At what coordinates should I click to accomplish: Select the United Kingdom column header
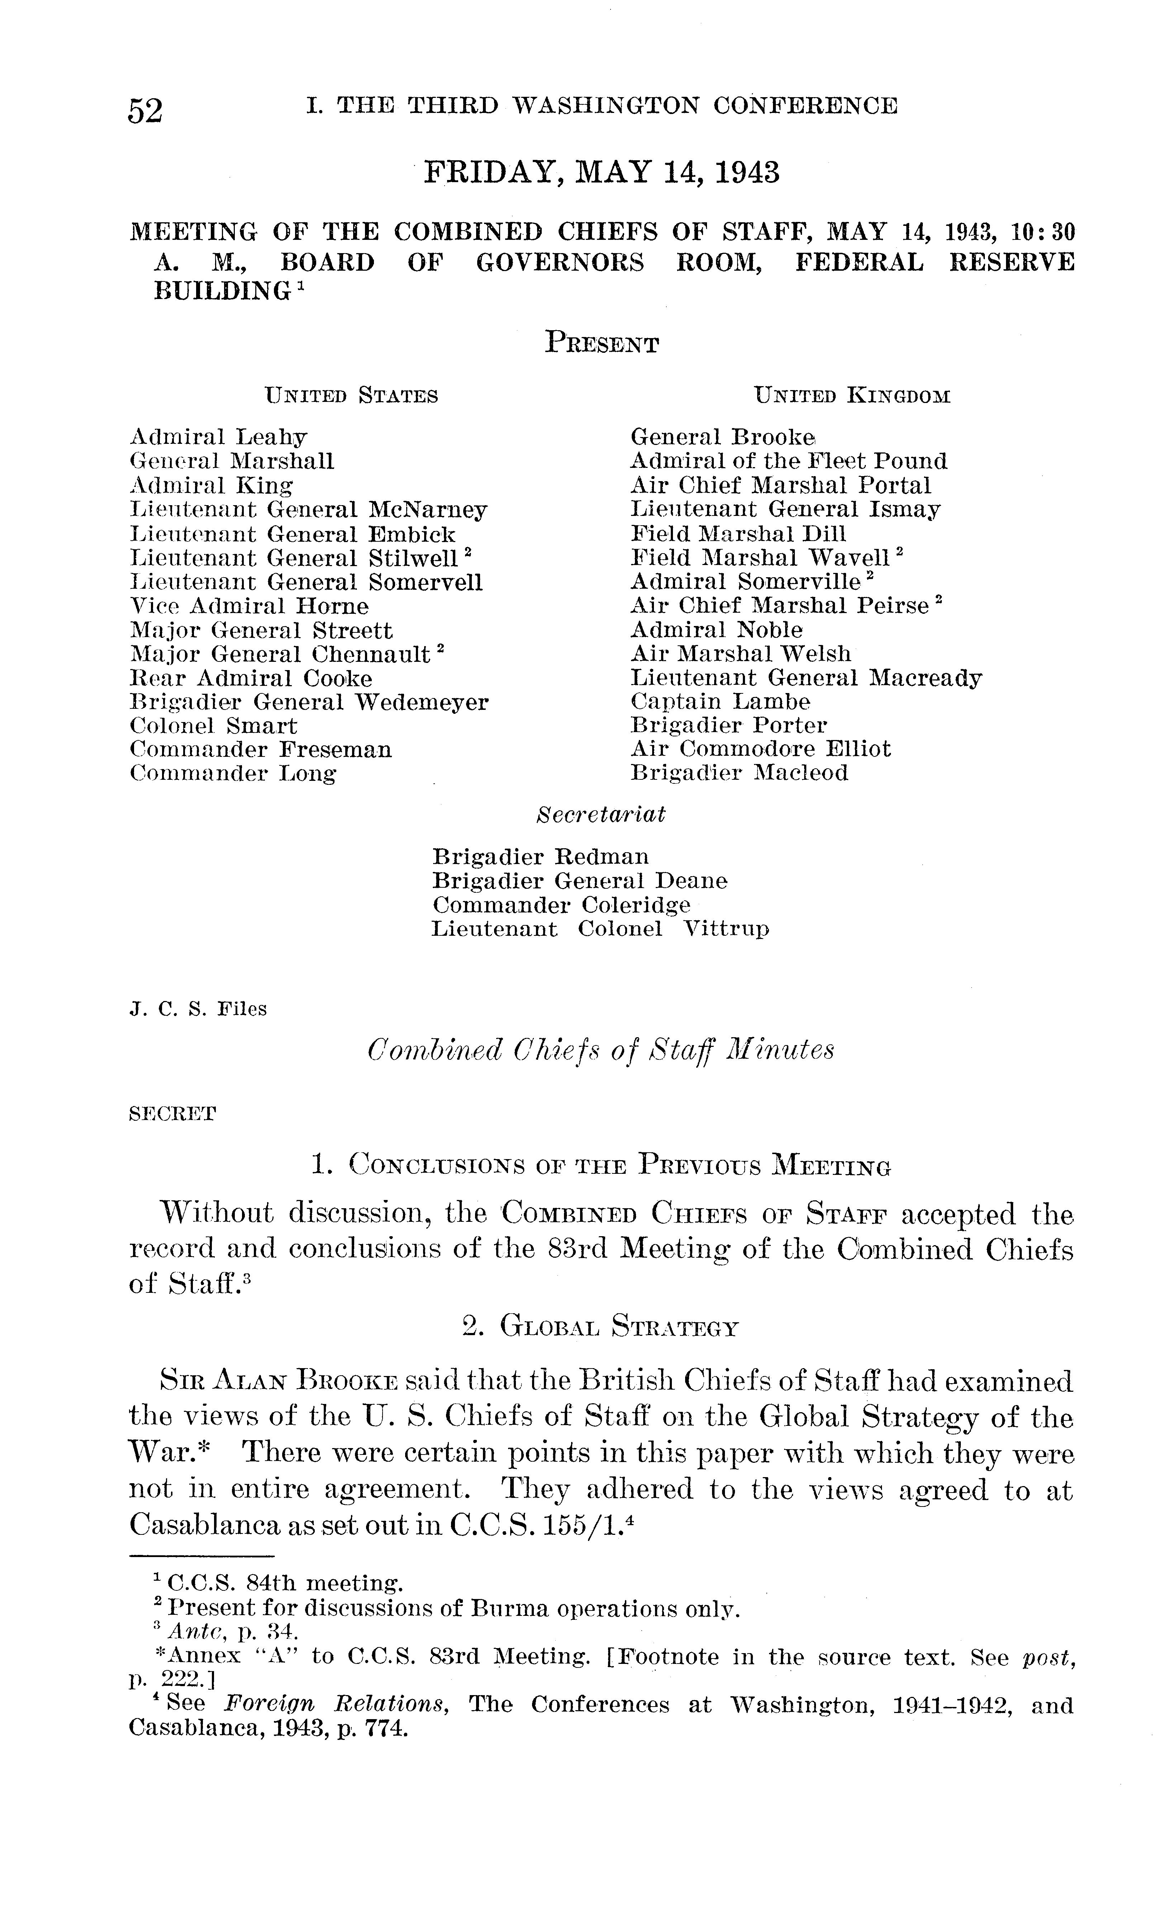[x=852, y=396]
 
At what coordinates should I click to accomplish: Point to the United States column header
[x=352, y=396]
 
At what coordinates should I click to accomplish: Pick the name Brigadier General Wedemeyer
[x=308, y=703]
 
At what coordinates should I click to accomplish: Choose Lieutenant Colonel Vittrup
[x=600, y=930]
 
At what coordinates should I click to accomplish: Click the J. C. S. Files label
[x=198, y=1010]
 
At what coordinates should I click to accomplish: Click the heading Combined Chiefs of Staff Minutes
[x=601, y=1051]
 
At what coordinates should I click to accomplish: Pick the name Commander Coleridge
[x=561, y=906]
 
